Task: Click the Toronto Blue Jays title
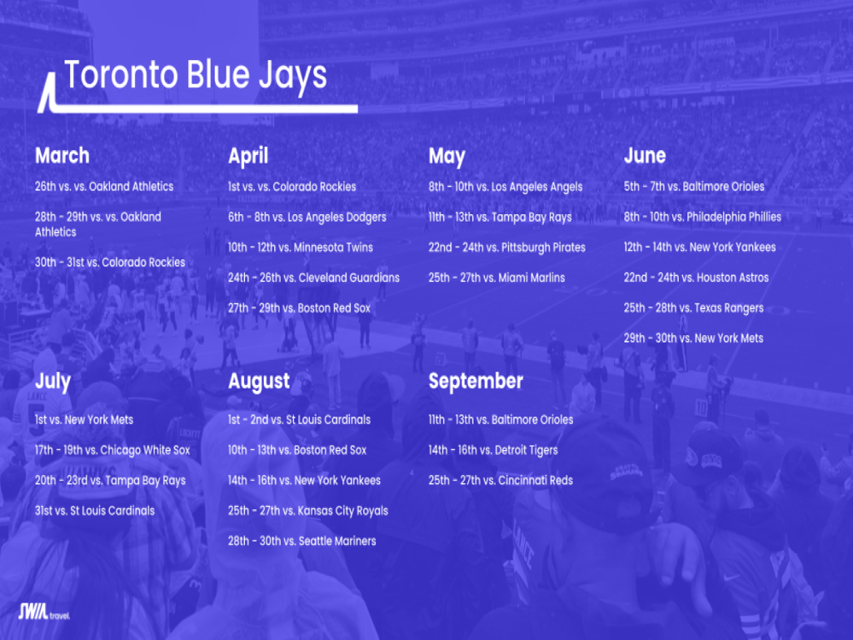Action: point(196,76)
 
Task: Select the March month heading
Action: point(62,156)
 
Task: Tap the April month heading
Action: point(248,157)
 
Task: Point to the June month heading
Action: point(645,156)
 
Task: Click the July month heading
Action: point(52,382)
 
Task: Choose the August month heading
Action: point(259,382)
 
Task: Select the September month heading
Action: point(476,382)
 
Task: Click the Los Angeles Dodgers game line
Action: point(307,217)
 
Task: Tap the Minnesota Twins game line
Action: point(301,247)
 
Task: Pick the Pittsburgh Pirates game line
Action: point(507,248)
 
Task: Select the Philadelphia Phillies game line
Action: point(702,217)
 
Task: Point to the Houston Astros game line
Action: point(696,277)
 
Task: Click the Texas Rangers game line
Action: point(694,308)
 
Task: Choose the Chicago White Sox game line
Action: point(112,450)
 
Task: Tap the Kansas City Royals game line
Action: point(308,512)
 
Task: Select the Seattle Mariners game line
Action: point(302,541)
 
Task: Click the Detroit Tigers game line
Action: point(493,451)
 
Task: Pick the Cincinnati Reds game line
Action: point(501,481)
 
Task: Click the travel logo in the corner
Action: point(44,612)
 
